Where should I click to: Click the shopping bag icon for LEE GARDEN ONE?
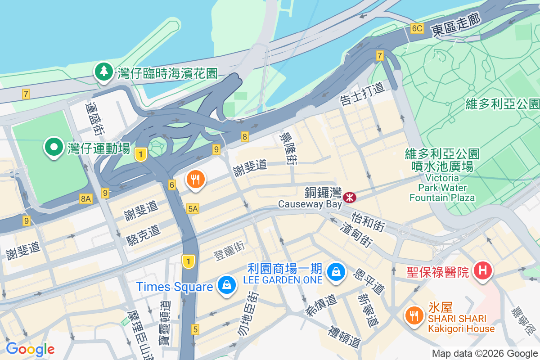pyautogui.click(x=336, y=271)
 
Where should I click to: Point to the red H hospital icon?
pyautogui.click(x=483, y=270)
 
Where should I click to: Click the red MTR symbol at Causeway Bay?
pyautogui.click(x=349, y=197)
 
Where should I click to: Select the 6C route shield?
pyautogui.click(x=417, y=28)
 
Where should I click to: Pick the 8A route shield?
pyautogui.click(x=85, y=198)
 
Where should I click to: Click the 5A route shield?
pyautogui.click(x=193, y=208)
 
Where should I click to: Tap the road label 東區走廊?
pyautogui.click(x=456, y=25)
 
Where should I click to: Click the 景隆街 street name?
pyautogui.click(x=288, y=148)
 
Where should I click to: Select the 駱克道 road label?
pyautogui.click(x=143, y=235)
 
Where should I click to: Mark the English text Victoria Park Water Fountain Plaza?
pyautogui.click(x=442, y=188)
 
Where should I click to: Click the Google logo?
pyautogui.click(x=30, y=349)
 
